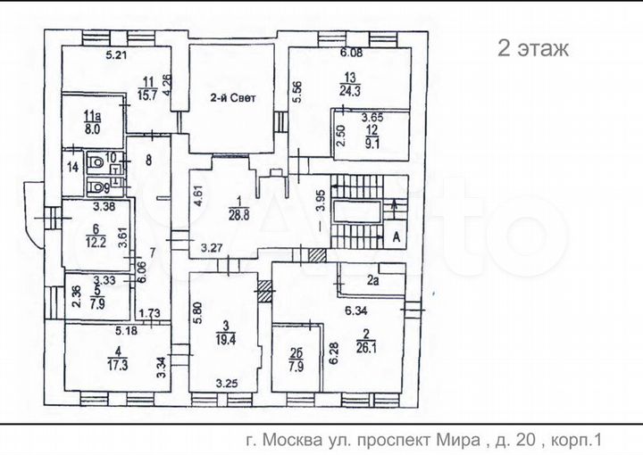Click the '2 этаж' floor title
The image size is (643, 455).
(532, 48)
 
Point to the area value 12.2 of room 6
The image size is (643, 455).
(94, 243)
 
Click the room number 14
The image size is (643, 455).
(72, 166)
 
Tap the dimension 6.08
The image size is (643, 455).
(350, 54)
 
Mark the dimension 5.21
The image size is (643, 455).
(117, 57)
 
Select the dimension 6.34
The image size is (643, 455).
(365, 312)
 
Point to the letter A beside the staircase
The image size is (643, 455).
(394, 236)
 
